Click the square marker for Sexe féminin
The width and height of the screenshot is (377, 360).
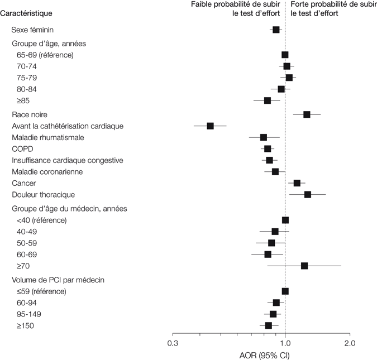276,30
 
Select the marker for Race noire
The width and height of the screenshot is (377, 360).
307,114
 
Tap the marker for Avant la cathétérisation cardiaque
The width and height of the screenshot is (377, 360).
211,126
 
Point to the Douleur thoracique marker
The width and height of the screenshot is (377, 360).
308,194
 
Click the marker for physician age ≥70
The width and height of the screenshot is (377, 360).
304,266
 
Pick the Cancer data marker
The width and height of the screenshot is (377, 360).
297,183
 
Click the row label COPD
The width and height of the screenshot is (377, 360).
22,149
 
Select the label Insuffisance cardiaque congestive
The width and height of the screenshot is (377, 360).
68,160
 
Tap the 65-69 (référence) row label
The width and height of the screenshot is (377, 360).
46,55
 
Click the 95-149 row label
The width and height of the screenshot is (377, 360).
31,314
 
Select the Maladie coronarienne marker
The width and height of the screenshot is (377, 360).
275,171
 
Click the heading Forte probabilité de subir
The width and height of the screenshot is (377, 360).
330,4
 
